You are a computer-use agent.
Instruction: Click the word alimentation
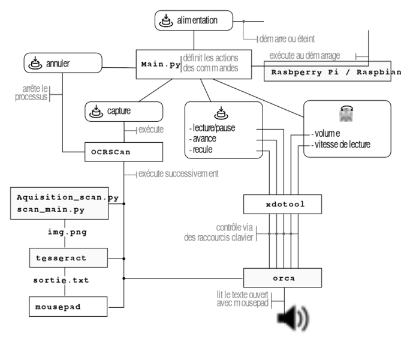point(197,22)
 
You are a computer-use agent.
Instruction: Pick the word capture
point(119,111)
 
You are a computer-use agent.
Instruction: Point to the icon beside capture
point(96,111)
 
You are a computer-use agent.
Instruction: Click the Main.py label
point(160,64)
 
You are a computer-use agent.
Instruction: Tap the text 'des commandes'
point(210,68)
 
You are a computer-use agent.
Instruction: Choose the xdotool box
point(283,204)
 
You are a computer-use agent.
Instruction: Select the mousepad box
point(68,307)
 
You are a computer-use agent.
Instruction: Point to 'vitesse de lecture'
point(342,144)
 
